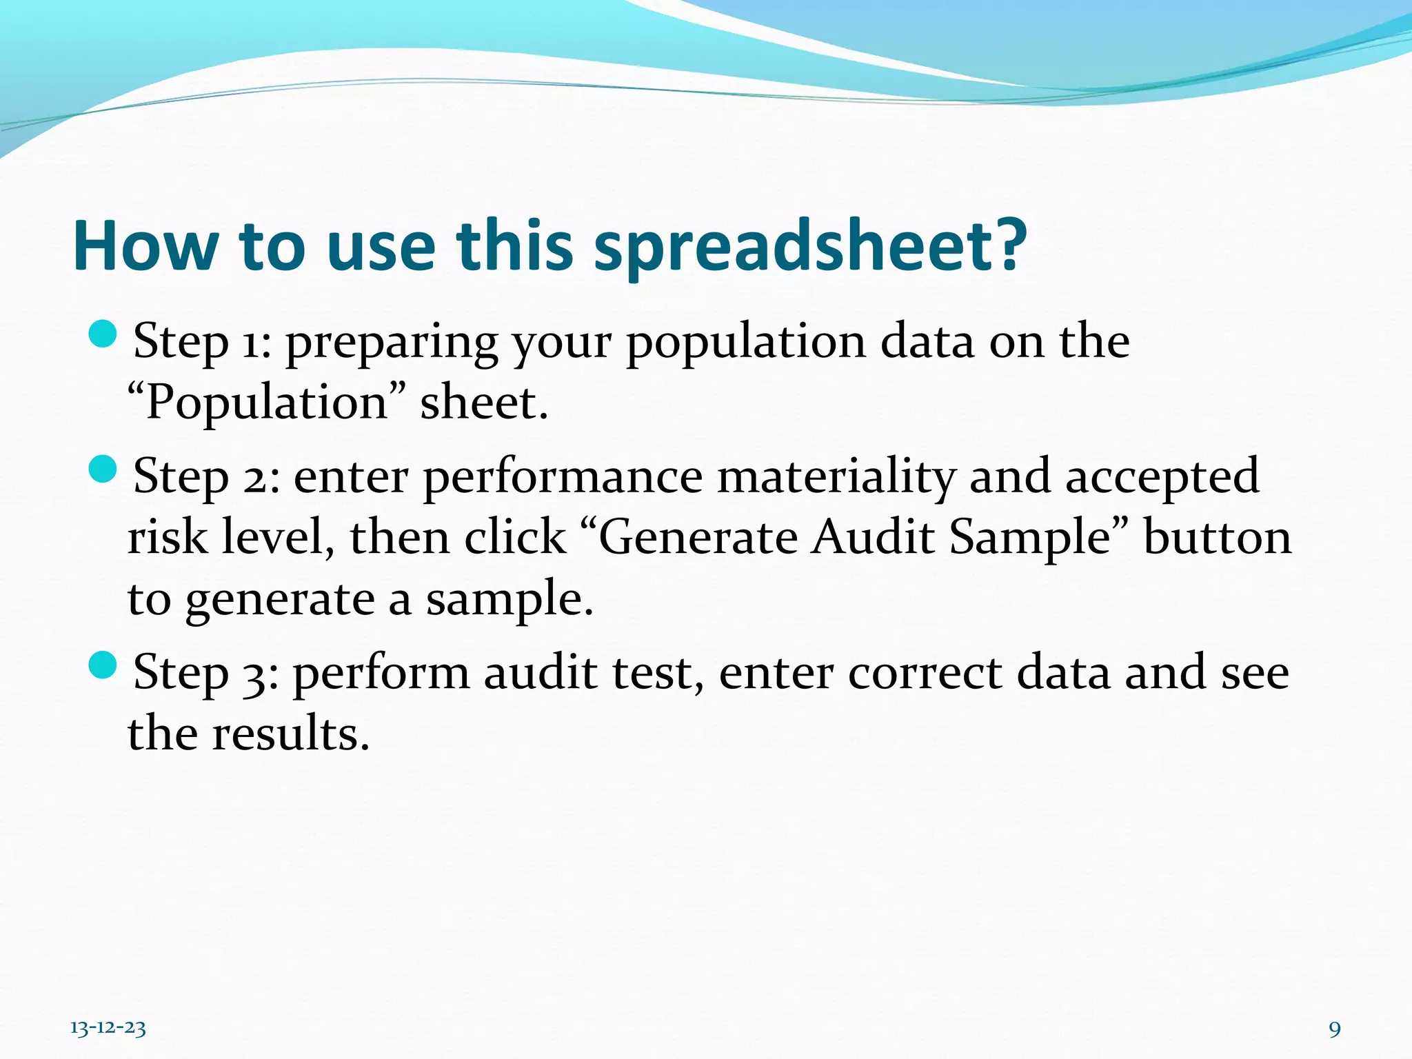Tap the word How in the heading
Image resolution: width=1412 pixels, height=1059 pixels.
145,247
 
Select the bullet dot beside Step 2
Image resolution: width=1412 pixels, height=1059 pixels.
103,469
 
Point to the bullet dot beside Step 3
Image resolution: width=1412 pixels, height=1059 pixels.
103,665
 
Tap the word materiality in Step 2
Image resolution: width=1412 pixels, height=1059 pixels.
836,477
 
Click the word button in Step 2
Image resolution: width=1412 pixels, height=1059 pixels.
1217,538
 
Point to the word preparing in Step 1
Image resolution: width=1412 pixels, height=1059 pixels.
391,343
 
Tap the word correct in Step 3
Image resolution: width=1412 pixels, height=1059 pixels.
925,673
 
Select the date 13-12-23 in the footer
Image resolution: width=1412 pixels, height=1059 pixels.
108,1028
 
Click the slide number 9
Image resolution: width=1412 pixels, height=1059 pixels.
1335,1029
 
